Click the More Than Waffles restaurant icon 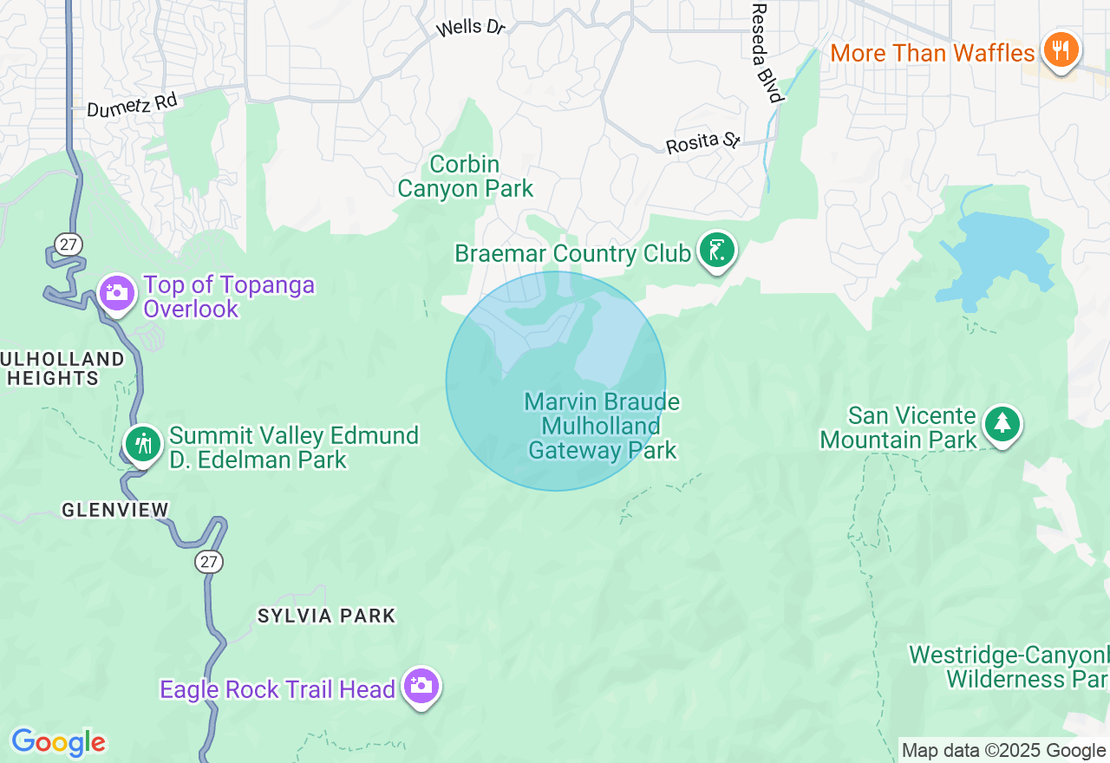point(1059,49)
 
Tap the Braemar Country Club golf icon point(716,251)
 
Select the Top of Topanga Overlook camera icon point(116,293)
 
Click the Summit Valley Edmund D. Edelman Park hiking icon point(142,444)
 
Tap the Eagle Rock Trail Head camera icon point(421,686)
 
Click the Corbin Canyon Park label point(466,176)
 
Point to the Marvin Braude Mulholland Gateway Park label point(603,426)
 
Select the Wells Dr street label point(470,28)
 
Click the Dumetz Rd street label point(132,105)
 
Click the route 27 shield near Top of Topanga point(69,245)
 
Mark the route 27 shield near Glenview point(208,562)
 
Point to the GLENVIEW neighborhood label point(115,510)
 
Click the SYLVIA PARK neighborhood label point(326,616)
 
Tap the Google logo point(58,743)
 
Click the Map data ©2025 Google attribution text point(1003,751)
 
